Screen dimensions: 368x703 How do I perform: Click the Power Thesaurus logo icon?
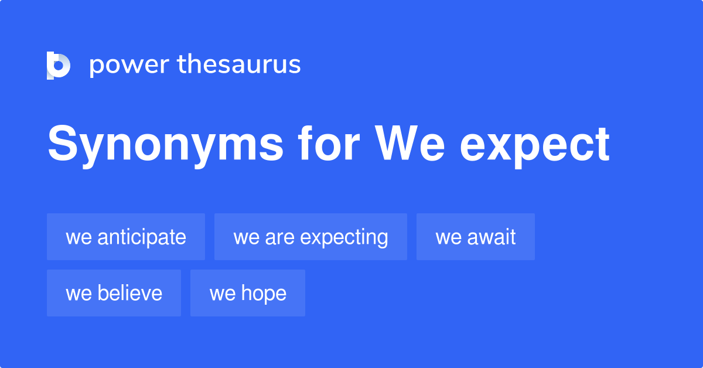59,65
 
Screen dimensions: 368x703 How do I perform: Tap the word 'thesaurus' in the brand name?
239,64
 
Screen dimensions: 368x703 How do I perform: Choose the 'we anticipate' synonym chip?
126,237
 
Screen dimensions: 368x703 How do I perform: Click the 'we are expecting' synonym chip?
310,237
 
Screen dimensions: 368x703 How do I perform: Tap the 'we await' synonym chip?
476,237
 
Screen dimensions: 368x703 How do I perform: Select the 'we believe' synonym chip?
114,293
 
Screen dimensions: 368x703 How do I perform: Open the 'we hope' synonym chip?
248,293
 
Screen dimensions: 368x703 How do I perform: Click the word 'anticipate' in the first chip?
142,237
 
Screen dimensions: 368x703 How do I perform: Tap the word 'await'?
492,237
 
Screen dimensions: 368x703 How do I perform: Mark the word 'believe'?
130,293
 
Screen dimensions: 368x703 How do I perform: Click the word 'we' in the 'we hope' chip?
222,294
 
